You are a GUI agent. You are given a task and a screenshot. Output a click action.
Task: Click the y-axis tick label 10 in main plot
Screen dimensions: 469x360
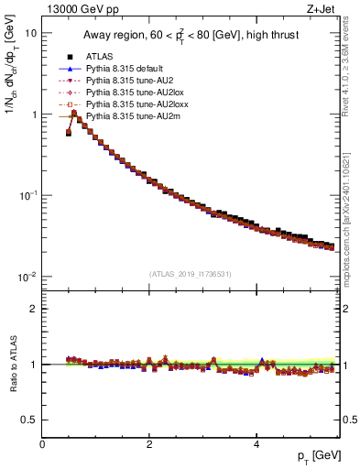31,33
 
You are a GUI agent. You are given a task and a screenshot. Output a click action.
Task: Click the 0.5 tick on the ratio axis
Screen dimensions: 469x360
29,420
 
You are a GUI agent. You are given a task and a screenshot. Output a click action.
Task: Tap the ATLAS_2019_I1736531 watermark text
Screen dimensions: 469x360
190,273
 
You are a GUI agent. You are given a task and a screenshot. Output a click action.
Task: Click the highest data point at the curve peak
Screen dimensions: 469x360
74,113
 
